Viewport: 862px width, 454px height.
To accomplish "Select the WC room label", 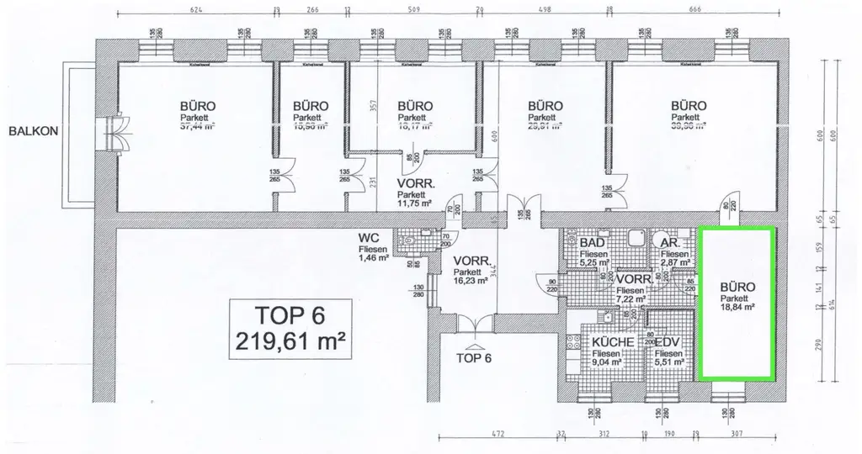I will (x=369, y=238).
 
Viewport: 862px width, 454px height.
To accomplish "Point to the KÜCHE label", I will (x=612, y=343).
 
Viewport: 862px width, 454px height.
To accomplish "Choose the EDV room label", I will (x=668, y=343).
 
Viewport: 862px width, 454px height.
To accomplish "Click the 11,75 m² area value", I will (x=414, y=203).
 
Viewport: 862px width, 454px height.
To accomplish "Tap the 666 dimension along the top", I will (x=694, y=12).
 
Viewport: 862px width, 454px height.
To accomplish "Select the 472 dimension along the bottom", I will (x=497, y=436).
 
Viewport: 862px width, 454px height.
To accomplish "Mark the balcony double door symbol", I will (x=113, y=132).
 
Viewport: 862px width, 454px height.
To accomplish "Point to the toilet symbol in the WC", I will (x=409, y=240).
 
